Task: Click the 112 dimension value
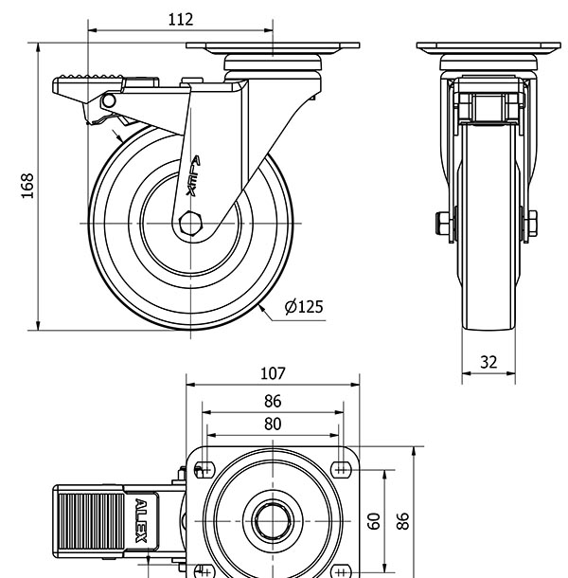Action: pyautogui.click(x=180, y=19)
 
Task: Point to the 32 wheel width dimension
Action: pyautogui.click(x=488, y=361)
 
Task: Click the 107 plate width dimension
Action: pyautogui.click(x=273, y=373)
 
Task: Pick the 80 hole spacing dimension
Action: pyautogui.click(x=273, y=424)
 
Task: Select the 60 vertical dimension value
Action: pyautogui.click(x=374, y=520)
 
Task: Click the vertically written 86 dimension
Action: pyautogui.click(x=402, y=520)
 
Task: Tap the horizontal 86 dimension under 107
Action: pyautogui.click(x=273, y=401)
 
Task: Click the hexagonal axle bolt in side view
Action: pyautogui.click(x=190, y=223)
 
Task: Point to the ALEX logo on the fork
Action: pyautogui.click(x=194, y=174)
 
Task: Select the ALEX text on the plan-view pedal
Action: pyautogui.click(x=141, y=521)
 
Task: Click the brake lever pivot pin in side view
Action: pyautogui.click(x=109, y=99)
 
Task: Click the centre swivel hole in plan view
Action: pyautogui.click(x=273, y=520)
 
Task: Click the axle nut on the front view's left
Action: pyautogui.click(x=441, y=225)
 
